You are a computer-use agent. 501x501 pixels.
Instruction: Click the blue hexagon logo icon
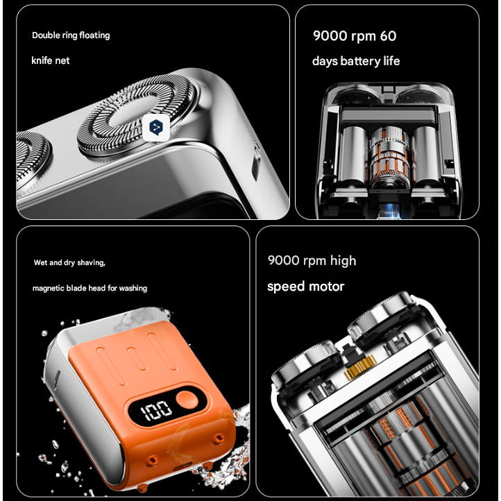tap(156, 128)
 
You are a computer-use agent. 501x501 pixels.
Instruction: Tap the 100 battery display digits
tap(156, 410)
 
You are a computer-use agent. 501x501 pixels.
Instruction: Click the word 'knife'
tap(42, 60)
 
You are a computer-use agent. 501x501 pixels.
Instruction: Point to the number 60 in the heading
tap(388, 36)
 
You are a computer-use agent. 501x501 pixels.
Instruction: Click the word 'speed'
tap(285, 287)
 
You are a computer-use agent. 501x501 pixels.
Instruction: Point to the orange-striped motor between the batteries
tap(389, 157)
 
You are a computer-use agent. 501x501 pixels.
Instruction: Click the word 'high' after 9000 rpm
tap(343, 261)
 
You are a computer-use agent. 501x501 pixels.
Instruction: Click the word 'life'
tap(391, 60)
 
